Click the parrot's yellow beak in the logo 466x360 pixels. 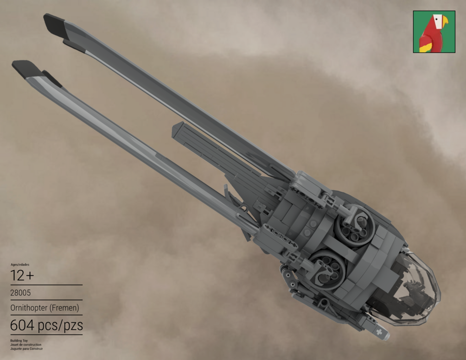[444, 21]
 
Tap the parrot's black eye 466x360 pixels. [436, 19]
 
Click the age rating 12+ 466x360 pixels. [22, 276]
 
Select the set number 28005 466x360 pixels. [20, 293]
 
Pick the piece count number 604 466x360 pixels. [22, 325]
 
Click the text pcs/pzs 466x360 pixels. [60, 326]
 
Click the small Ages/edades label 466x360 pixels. [20, 265]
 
